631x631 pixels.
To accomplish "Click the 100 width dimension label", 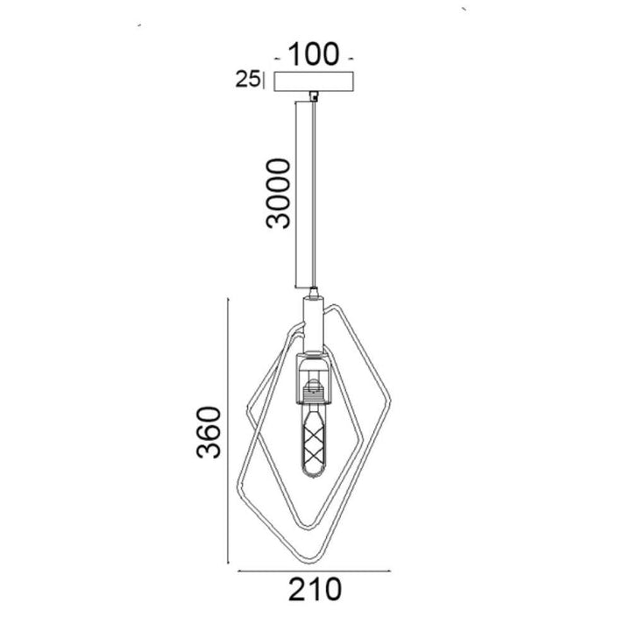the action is tap(314, 54).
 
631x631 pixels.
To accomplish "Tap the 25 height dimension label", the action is tap(247, 79).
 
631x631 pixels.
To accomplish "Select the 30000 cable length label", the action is tap(278, 194).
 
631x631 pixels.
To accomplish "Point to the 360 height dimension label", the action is tap(209, 433).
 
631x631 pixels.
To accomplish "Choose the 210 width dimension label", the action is tap(315, 590).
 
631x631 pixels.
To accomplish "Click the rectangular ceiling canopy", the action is tap(314, 82).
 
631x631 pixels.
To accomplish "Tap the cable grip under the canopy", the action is tap(313, 96).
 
